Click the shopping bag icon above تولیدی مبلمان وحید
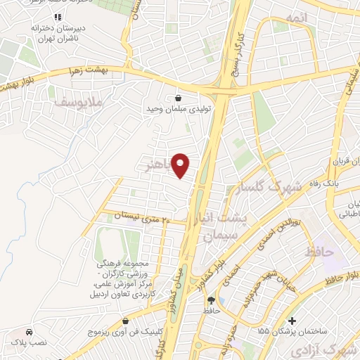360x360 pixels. pos(176,98)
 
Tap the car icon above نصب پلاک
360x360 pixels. pos(29,331)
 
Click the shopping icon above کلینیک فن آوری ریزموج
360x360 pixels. pos(125,321)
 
